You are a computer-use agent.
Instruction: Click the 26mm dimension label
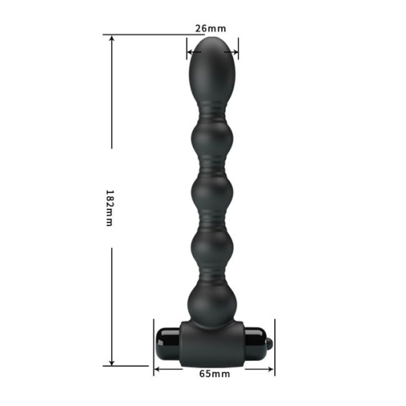point(211,28)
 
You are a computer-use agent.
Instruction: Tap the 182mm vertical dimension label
point(110,209)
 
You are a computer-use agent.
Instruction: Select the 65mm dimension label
point(214,374)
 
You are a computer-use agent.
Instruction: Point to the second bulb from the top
point(212,139)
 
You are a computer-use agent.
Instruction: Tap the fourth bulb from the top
point(212,248)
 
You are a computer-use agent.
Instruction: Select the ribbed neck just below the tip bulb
point(212,113)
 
